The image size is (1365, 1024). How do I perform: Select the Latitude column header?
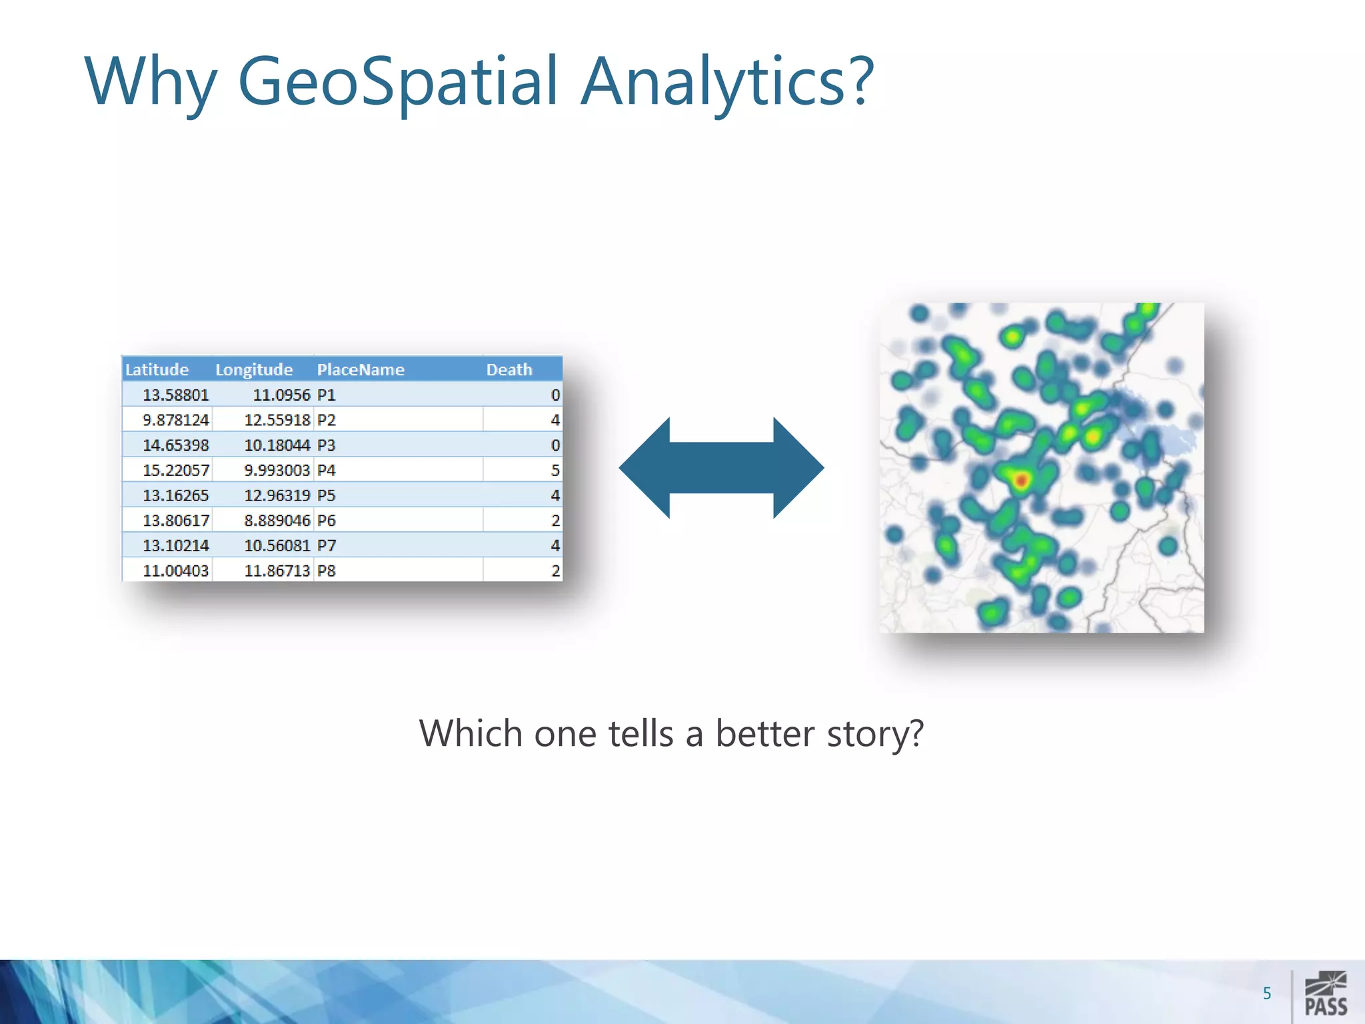click(x=157, y=369)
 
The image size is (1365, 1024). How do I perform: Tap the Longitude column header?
click(x=254, y=369)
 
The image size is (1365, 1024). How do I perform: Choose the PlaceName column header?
click(x=361, y=369)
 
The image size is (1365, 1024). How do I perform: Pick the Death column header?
click(x=509, y=369)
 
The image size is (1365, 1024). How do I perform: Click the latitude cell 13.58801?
click(x=175, y=395)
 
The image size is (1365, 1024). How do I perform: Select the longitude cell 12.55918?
click(x=277, y=420)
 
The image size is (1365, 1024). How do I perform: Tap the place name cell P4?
click(x=326, y=470)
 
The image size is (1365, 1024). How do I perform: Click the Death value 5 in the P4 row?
click(x=555, y=470)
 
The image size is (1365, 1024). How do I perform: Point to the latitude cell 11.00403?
click(x=175, y=571)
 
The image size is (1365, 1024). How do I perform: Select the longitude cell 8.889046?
click(x=277, y=520)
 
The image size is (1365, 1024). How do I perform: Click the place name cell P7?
click(x=326, y=545)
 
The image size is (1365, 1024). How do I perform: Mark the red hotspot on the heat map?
click(x=1020, y=479)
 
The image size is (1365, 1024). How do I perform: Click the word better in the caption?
click(x=765, y=734)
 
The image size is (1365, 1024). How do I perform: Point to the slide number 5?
click(x=1266, y=993)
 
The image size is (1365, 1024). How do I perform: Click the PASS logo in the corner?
click(x=1325, y=993)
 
